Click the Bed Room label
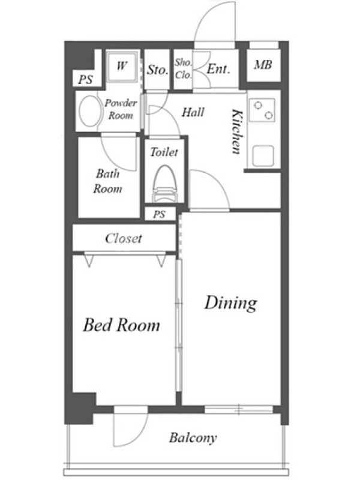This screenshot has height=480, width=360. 122,325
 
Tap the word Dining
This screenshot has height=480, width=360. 231,304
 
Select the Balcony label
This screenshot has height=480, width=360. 193,438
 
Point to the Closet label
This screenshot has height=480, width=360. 124,238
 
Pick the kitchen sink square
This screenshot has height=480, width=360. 263,156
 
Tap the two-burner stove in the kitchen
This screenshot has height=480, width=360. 263,110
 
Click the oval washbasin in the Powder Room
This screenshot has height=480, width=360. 89,112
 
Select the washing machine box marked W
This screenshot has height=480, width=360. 122,66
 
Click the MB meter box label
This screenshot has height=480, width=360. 263,65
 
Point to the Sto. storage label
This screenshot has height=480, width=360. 157,70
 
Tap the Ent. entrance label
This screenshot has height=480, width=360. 218,69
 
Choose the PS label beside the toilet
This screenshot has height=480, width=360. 159,215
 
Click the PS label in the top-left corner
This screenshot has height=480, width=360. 85,80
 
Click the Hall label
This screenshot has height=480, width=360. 193,112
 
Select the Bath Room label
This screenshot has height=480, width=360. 107,181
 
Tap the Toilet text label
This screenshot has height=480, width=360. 164,152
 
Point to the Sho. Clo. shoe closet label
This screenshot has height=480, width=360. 184,68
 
